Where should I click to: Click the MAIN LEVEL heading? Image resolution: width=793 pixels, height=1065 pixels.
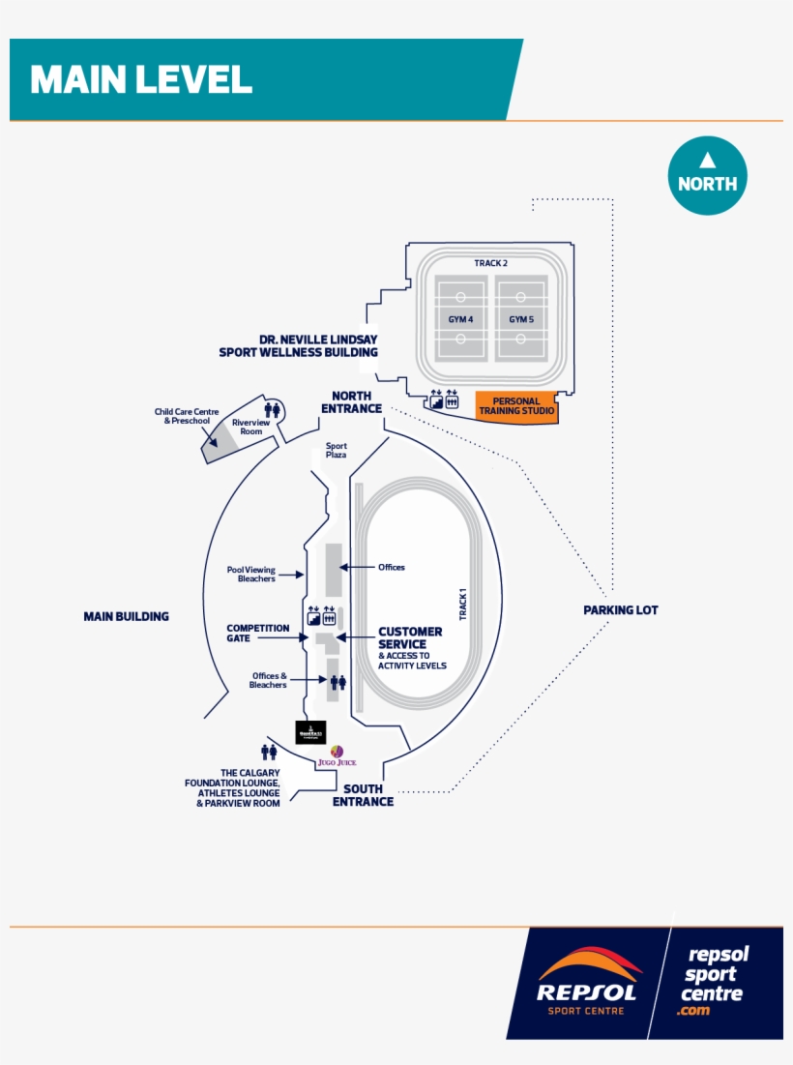click(x=141, y=79)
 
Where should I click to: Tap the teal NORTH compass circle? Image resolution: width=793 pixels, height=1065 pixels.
click(x=707, y=175)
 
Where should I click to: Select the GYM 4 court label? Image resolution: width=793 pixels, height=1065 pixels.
click(x=460, y=319)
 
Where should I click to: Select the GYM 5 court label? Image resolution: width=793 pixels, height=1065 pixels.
click(x=521, y=319)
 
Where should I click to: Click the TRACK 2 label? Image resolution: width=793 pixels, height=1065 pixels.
click(x=490, y=263)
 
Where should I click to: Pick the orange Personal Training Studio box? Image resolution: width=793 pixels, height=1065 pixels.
click(x=516, y=406)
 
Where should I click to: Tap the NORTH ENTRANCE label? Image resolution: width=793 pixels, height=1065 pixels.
click(x=351, y=402)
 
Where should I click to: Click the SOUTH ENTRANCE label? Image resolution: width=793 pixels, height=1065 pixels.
click(x=363, y=795)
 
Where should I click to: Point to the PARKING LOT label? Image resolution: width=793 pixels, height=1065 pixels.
click(x=620, y=610)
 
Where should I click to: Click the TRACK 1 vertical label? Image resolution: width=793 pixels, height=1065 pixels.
click(x=463, y=604)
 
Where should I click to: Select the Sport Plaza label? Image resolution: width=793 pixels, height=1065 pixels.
click(x=336, y=450)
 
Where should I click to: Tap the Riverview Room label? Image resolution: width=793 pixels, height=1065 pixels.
click(x=250, y=428)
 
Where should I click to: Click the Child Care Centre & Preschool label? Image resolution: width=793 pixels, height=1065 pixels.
click(x=187, y=416)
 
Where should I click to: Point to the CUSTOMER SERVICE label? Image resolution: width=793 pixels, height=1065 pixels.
click(x=410, y=637)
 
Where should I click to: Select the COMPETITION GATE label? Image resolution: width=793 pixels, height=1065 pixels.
click(x=258, y=633)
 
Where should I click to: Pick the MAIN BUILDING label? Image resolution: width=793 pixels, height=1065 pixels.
click(x=126, y=616)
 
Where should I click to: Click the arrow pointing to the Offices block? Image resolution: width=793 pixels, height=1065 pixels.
click(x=359, y=568)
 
